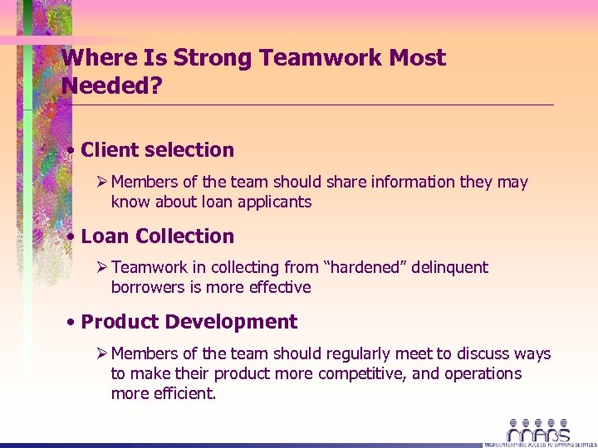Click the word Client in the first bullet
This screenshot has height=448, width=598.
110,150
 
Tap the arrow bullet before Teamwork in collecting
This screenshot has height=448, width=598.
103,267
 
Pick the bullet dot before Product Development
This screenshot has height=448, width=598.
74,322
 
